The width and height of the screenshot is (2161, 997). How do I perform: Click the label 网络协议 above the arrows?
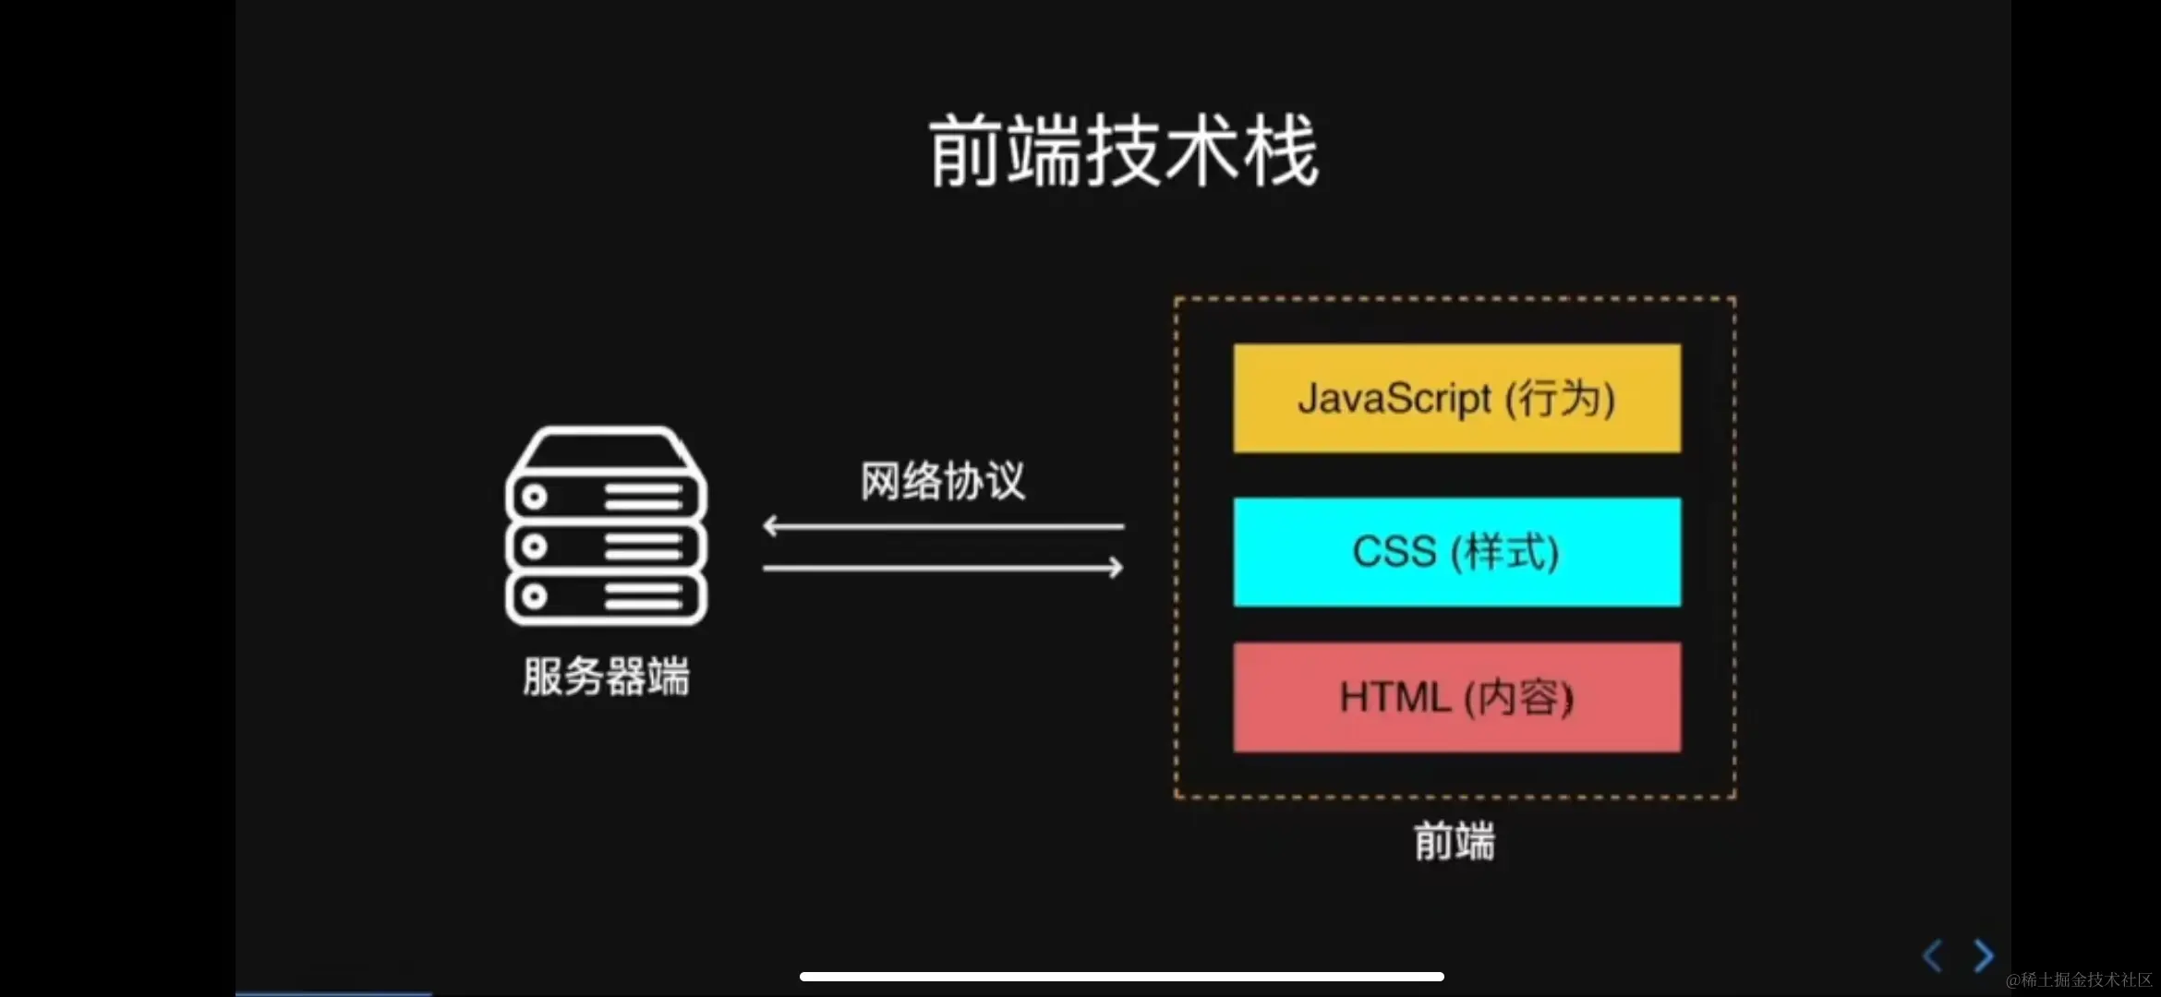pos(942,481)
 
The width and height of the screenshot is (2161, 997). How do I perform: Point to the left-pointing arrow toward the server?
pos(942,526)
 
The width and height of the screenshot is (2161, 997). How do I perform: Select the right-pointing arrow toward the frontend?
pos(942,568)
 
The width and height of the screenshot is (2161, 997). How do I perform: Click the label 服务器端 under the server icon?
pos(606,677)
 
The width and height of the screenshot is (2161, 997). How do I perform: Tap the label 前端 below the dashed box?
pos(1455,842)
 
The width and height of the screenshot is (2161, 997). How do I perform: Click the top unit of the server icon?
pos(606,497)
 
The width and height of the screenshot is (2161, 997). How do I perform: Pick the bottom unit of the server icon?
pos(606,597)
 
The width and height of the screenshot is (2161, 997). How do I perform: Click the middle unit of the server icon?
pos(606,547)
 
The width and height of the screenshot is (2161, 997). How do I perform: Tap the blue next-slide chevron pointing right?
pos(1983,955)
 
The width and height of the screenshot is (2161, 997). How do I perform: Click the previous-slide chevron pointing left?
pos(1932,955)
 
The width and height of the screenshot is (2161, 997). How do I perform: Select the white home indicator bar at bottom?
pos(1121,977)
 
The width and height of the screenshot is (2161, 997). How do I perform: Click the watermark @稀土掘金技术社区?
pos(2079,979)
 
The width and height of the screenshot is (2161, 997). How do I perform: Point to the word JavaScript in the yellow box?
pos(1394,399)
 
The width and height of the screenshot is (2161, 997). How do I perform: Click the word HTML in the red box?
pos(1395,697)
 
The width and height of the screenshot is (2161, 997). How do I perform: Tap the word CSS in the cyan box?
pos(1394,552)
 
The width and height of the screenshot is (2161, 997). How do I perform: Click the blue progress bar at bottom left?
pos(333,993)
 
